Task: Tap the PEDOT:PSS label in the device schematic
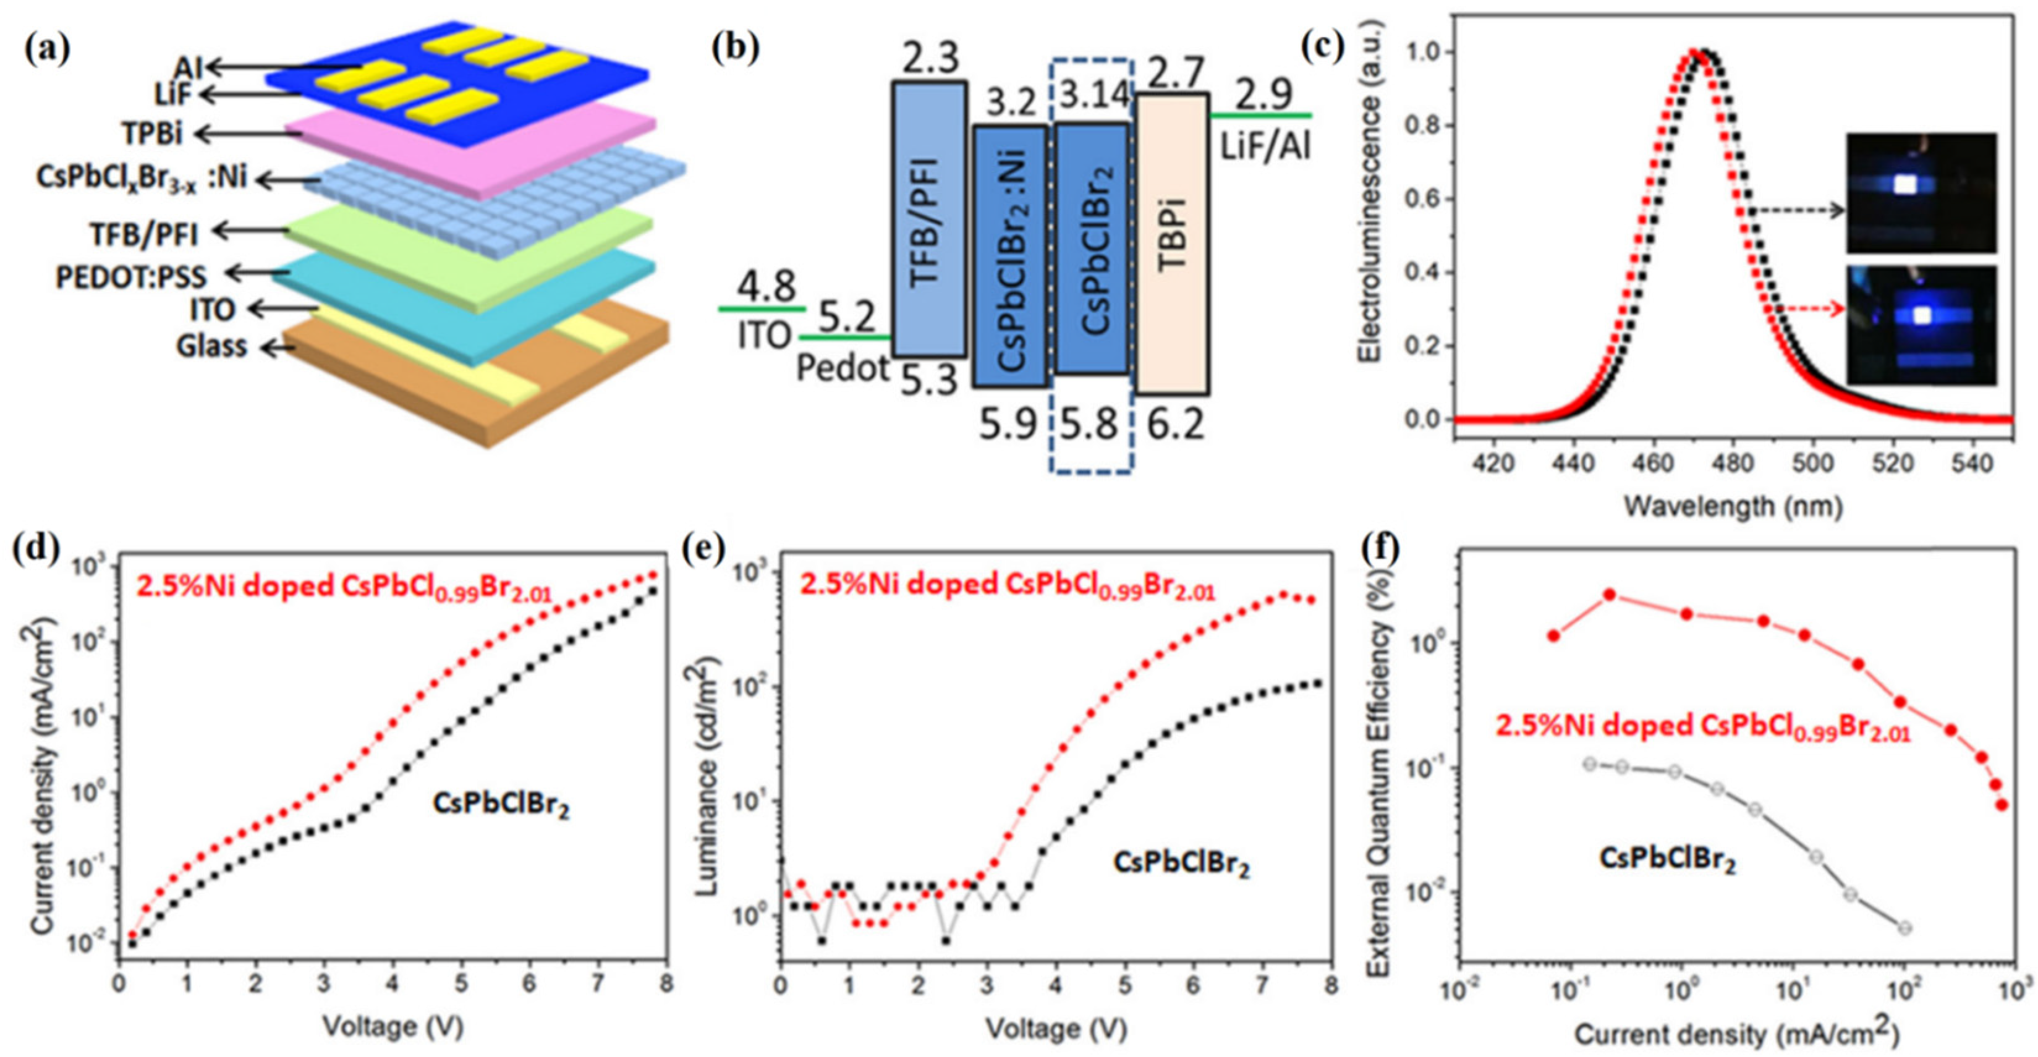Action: point(130,276)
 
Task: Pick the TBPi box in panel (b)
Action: point(1173,244)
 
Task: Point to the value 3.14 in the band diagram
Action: point(1094,96)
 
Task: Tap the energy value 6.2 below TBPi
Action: point(1175,424)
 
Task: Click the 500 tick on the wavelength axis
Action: point(1812,464)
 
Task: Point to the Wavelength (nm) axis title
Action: point(1733,506)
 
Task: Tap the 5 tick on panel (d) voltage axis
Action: point(461,983)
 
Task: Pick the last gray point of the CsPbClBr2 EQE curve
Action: point(1905,927)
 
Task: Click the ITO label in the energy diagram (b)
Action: point(764,336)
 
